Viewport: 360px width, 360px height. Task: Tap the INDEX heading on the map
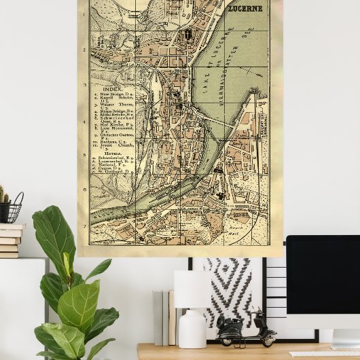111,89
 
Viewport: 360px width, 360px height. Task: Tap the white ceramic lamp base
192,330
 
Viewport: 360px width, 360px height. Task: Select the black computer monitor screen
323,273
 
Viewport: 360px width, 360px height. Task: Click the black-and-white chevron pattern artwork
227,292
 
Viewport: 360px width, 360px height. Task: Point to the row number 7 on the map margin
85,227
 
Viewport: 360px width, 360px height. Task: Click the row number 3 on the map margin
85,85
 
